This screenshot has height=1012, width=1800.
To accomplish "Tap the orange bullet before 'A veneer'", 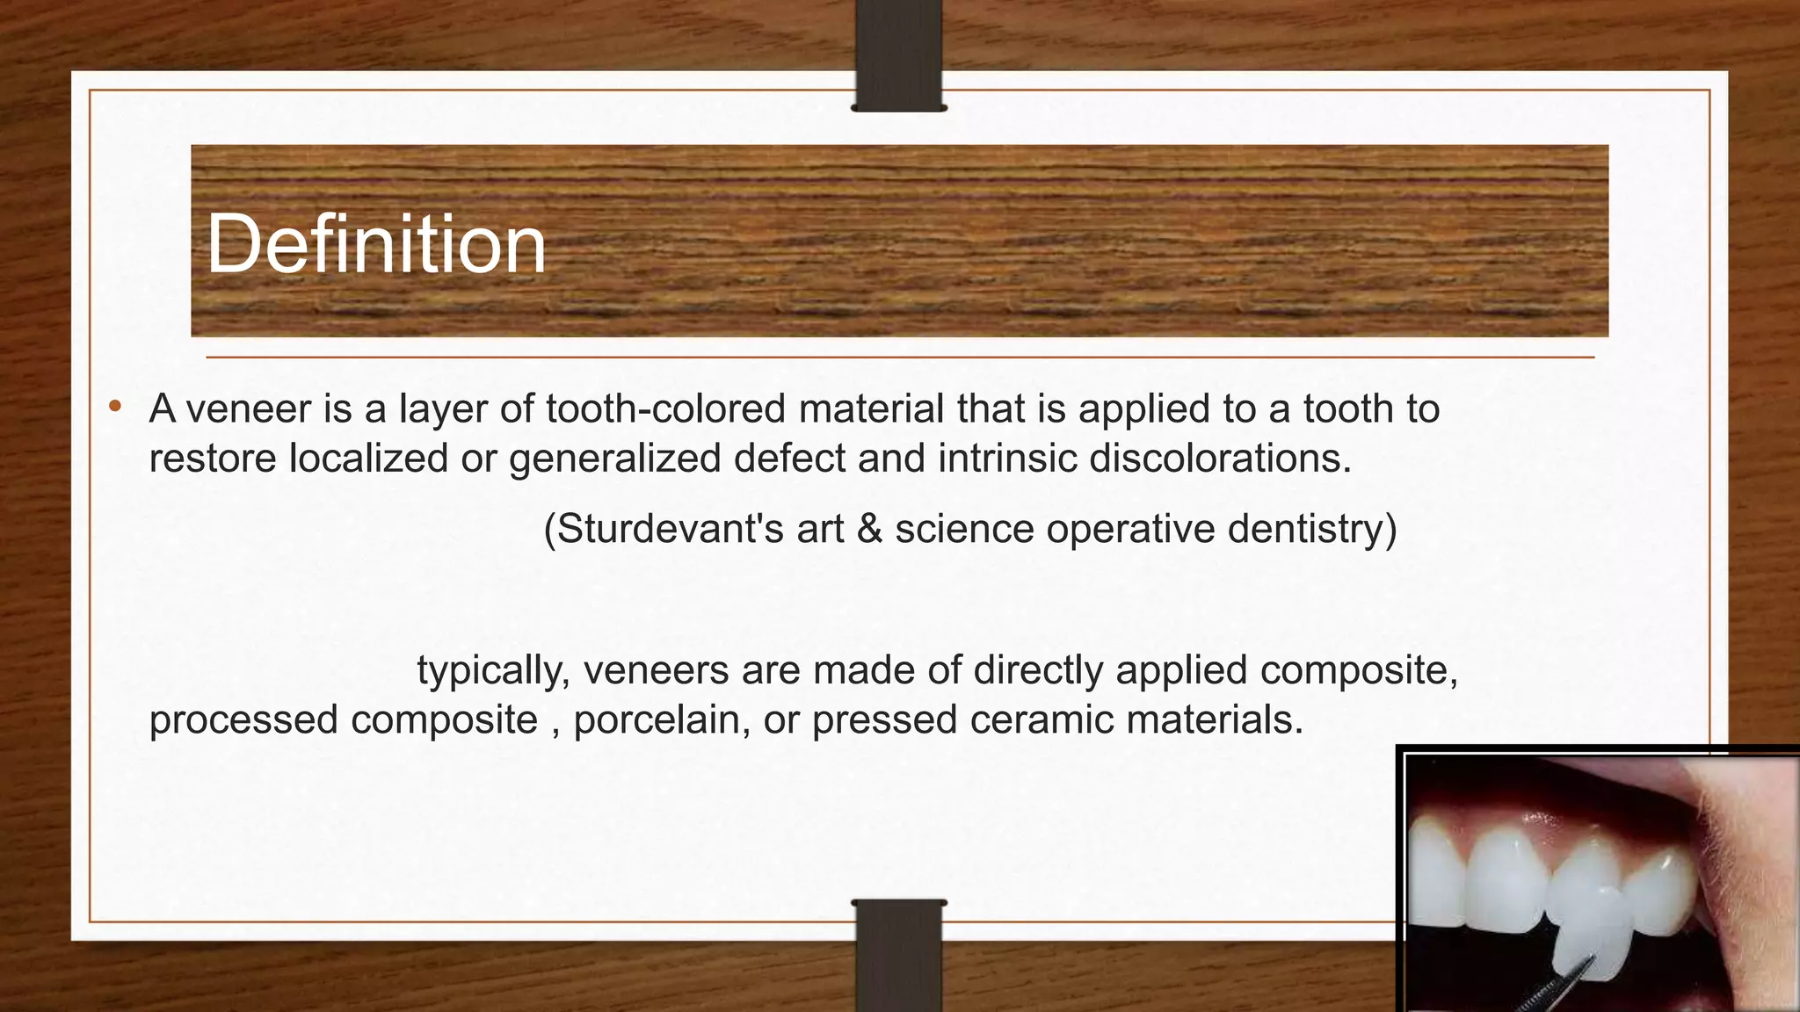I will point(114,407).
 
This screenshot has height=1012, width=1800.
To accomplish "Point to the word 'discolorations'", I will point(1220,458).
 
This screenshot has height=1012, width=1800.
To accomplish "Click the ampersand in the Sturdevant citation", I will point(869,529).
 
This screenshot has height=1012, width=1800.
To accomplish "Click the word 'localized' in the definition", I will point(368,458).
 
